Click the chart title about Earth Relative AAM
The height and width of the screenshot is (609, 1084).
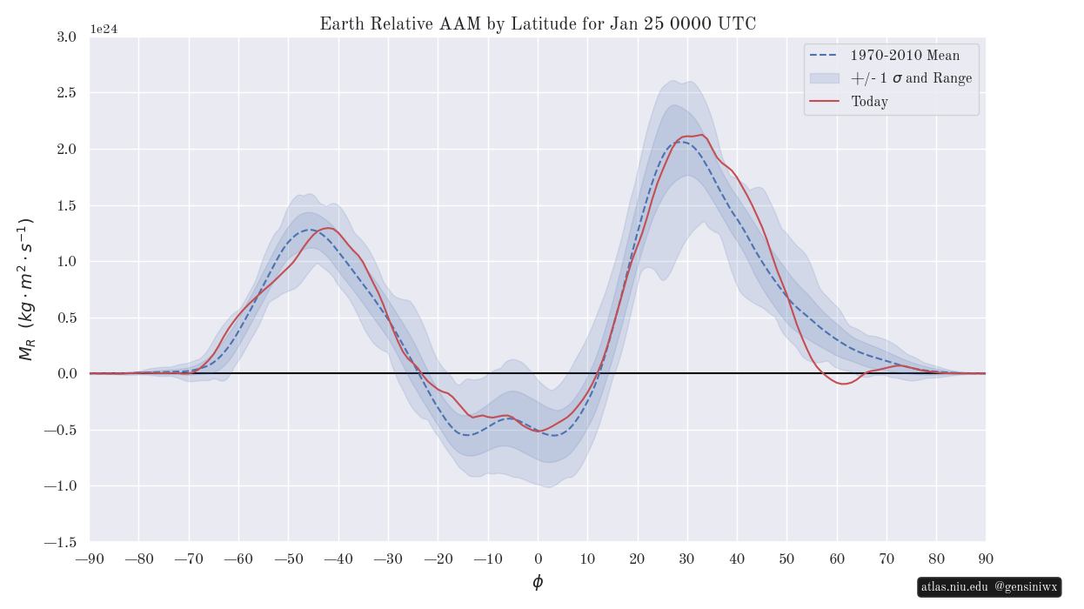coord(538,24)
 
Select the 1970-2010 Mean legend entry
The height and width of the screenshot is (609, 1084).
coord(905,56)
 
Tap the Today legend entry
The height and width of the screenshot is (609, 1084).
coord(869,102)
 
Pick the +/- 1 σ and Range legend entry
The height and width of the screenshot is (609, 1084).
coord(911,78)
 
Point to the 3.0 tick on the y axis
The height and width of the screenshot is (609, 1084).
coord(66,37)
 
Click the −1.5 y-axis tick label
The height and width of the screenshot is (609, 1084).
coord(60,542)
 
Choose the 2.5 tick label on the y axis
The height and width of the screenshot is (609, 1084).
coord(66,93)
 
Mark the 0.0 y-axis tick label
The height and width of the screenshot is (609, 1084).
coord(66,374)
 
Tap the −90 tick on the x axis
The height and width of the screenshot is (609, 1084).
coord(90,559)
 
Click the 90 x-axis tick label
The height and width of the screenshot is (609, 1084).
coord(986,559)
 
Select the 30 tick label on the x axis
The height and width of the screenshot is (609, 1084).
coord(687,559)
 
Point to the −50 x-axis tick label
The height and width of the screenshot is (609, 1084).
coord(289,559)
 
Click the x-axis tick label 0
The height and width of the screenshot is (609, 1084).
coord(538,559)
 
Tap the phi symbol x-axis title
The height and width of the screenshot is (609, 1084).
coord(538,583)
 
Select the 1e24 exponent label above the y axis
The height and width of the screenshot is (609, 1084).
coord(104,29)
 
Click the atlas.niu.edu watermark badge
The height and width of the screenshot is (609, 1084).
coord(989,587)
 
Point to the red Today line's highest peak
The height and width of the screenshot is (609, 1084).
coord(701,135)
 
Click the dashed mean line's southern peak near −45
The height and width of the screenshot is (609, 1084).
coord(309,230)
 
